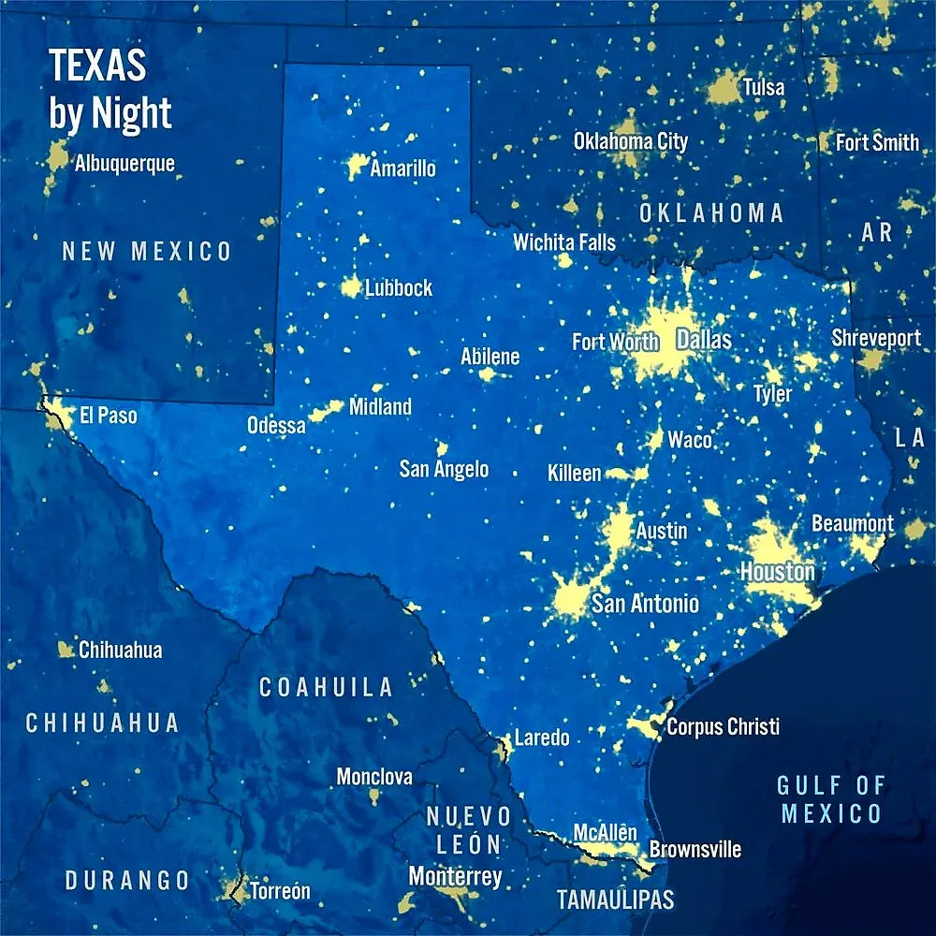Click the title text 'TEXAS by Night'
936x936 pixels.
click(x=110, y=90)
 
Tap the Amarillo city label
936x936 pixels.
click(x=402, y=168)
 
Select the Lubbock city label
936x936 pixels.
click(x=399, y=287)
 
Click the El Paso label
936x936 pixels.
click(x=109, y=415)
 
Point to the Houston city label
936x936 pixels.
click(x=778, y=571)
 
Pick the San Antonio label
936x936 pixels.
click(x=645, y=604)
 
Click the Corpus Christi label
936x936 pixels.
click(x=723, y=726)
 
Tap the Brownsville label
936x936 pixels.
click(x=695, y=849)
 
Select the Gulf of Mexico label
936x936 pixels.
click(x=831, y=798)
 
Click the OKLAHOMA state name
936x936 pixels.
click(x=711, y=212)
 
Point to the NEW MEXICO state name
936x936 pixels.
click(x=147, y=251)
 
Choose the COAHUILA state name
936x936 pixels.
click(x=326, y=687)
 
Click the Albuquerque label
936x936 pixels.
click(x=124, y=164)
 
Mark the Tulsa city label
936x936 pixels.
click(x=764, y=88)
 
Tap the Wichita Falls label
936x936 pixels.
click(x=564, y=242)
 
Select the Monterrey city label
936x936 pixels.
click(x=455, y=877)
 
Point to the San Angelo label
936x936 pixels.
click(x=444, y=468)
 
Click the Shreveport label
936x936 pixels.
click(x=876, y=338)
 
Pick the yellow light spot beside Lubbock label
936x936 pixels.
click(x=351, y=285)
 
